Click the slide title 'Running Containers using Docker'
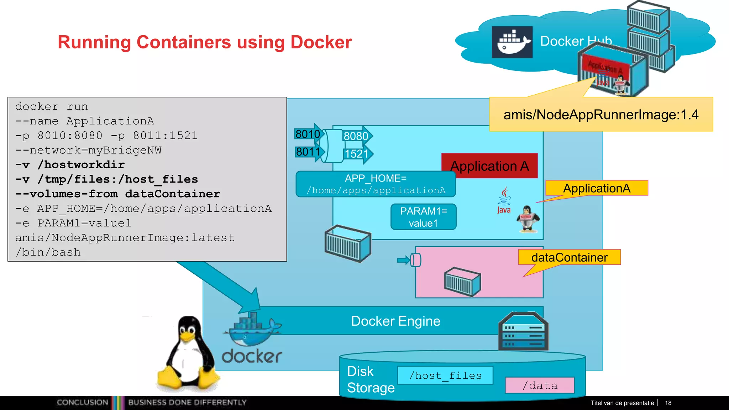tap(205, 42)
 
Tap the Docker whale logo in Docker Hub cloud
tap(512, 42)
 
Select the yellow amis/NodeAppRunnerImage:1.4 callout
tap(601, 115)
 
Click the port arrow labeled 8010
tap(308, 134)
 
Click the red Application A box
tap(489, 166)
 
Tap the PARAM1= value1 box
tap(423, 217)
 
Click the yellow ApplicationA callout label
tap(597, 188)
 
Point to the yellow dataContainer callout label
tap(569, 257)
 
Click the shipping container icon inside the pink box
tap(462, 282)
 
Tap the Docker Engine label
tap(395, 321)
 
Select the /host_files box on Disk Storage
tap(445, 375)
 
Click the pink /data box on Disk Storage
tap(540, 385)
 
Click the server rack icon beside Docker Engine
tap(523, 332)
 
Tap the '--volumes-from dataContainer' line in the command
tap(118, 194)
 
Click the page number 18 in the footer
tap(668, 403)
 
